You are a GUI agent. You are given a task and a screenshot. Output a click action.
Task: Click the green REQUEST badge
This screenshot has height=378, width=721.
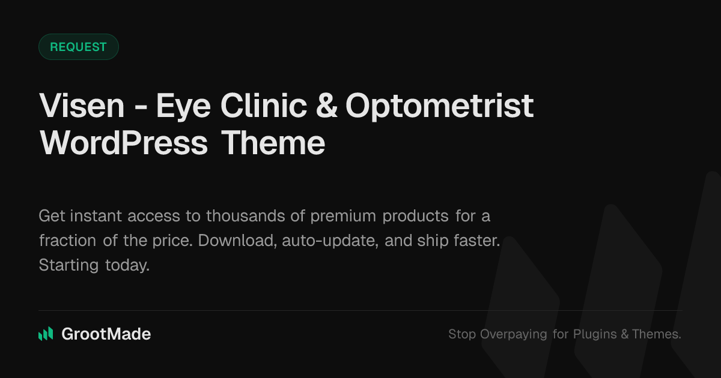78,47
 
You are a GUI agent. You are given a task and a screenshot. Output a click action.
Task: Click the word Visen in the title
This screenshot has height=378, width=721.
82,106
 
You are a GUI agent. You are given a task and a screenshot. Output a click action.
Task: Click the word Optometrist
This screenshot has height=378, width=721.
439,106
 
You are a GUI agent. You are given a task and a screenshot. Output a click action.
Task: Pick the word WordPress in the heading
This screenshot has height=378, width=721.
124,143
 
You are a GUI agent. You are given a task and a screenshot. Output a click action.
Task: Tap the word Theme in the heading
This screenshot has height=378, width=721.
273,143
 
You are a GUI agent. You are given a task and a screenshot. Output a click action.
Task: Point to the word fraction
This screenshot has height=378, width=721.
67,241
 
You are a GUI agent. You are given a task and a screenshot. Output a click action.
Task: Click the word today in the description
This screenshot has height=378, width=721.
127,265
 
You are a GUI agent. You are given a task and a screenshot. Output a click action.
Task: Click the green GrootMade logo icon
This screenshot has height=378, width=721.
46,334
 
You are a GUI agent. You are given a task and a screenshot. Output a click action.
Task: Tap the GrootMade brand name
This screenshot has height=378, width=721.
106,334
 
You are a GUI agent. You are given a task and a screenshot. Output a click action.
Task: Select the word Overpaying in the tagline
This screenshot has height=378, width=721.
514,334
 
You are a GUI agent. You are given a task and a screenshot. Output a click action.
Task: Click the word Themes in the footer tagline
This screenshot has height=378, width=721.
656,334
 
